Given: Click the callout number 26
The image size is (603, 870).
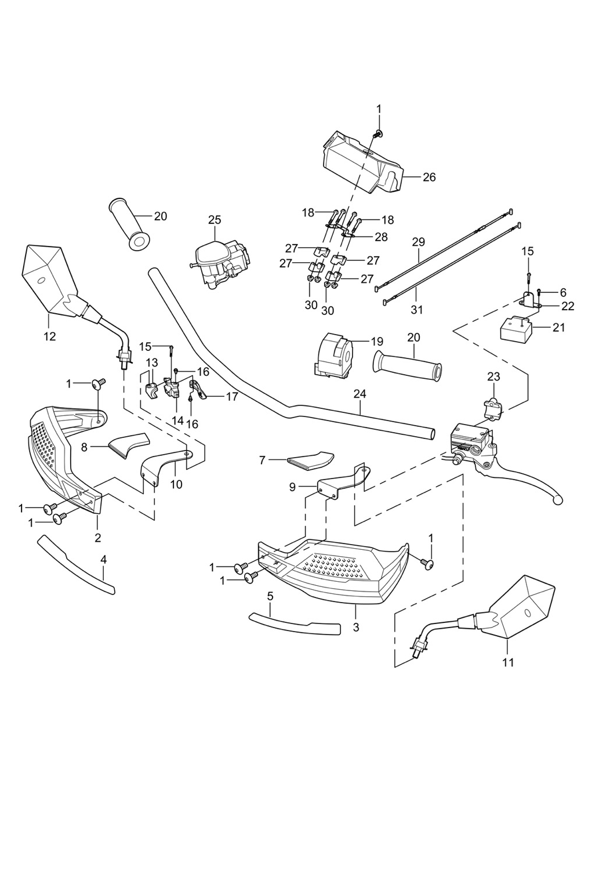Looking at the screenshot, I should [428, 177].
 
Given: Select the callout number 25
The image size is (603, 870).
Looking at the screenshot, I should [215, 220].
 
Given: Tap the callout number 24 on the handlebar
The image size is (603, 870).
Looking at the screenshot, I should [360, 394].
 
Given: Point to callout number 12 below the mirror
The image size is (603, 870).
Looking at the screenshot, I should [50, 336].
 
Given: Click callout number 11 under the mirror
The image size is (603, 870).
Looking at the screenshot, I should [508, 662].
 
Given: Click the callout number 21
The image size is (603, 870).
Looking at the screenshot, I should [558, 328].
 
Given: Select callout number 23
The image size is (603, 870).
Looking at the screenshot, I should [493, 376].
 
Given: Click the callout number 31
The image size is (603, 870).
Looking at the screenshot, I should [416, 310].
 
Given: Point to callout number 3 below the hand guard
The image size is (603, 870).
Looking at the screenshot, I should [355, 627].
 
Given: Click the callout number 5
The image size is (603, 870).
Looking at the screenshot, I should [270, 596].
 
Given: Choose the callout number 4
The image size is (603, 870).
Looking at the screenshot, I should [104, 560].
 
